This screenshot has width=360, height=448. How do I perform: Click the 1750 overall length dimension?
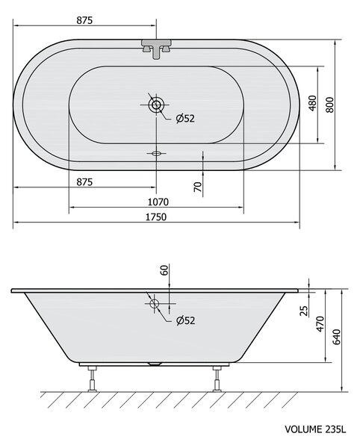click(x=156, y=217)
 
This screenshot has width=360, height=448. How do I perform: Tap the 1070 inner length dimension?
click(x=158, y=202)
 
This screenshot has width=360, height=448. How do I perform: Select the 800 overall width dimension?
click(x=330, y=105)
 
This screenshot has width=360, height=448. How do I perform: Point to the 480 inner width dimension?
click(x=313, y=103)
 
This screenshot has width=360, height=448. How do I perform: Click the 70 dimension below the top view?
click(x=198, y=187)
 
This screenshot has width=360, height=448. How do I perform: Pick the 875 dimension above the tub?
click(x=84, y=20)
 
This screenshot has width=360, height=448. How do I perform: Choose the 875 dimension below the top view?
click(x=84, y=181)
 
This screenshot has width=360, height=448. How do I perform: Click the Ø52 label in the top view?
click(x=185, y=118)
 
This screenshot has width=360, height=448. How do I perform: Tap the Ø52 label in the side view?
click(x=186, y=320)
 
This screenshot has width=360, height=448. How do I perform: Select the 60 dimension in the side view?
click(x=164, y=270)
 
